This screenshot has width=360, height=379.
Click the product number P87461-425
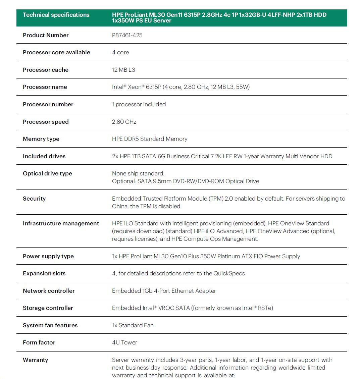click(x=127, y=35)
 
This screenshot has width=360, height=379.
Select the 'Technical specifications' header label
click(x=56, y=15)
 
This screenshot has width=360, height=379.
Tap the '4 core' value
click(x=120, y=52)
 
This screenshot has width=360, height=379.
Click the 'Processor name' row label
click(x=45, y=87)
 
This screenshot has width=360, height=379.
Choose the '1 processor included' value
click(x=139, y=104)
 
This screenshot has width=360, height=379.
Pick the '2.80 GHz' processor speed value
click(x=124, y=122)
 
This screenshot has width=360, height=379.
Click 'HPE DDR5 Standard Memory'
click(x=150, y=139)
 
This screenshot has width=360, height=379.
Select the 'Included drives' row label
click(x=44, y=156)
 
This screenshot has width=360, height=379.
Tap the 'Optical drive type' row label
click(x=47, y=173)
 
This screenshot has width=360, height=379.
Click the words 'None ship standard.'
click(x=138, y=173)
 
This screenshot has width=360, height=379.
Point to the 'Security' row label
click(x=34, y=199)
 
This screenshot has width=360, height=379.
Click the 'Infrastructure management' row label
click(x=61, y=223)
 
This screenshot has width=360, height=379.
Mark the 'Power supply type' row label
click(x=48, y=256)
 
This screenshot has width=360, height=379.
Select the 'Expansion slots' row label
click(x=44, y=273)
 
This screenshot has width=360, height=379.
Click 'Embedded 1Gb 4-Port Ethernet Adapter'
click(x=164, y=291)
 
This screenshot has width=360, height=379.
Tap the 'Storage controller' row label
click(x=48, y=308)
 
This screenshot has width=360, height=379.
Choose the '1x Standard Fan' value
click(x=133, y=325)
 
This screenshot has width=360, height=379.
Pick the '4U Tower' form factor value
click(x=124, y=342)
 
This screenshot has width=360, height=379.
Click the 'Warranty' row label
click(x=35, y=360)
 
